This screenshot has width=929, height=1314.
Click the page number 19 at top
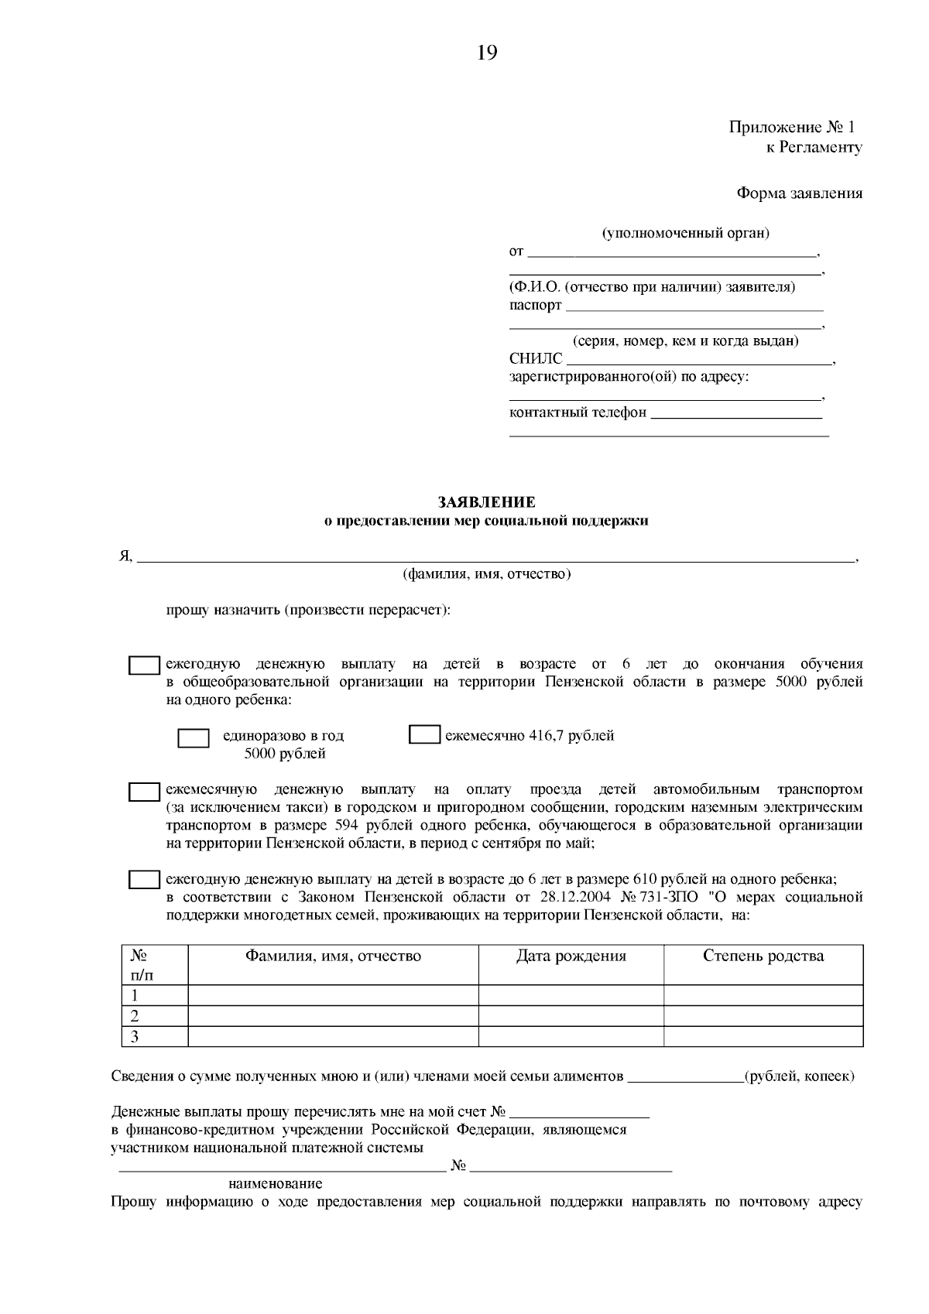tap(487, 53)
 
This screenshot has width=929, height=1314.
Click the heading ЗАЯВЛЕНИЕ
tap(486, 503)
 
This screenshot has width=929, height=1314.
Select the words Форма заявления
tap(799, 193)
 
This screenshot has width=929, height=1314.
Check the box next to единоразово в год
tap(194, 737)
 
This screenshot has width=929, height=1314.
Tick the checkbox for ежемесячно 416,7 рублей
tap(424, 735)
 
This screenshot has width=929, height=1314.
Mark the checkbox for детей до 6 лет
tap(144, 880)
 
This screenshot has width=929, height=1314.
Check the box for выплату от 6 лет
tap(144, 666)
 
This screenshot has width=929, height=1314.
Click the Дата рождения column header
tap(571, 956)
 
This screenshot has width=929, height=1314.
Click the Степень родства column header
tap(763, 956)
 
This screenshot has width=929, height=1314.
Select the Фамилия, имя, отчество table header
tap(333, 956)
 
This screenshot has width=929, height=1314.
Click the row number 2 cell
tap(135, 1015)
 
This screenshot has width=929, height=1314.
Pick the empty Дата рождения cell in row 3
tap(571, 1036)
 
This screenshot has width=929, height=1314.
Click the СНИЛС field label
tap(536, 359)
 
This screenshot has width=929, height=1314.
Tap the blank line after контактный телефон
tap(736, 414)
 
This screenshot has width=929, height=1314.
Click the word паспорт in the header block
tap(535, 305)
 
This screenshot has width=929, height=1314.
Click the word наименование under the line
tap(275, 1184)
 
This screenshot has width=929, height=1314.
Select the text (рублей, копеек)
tap(799, 1076)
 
